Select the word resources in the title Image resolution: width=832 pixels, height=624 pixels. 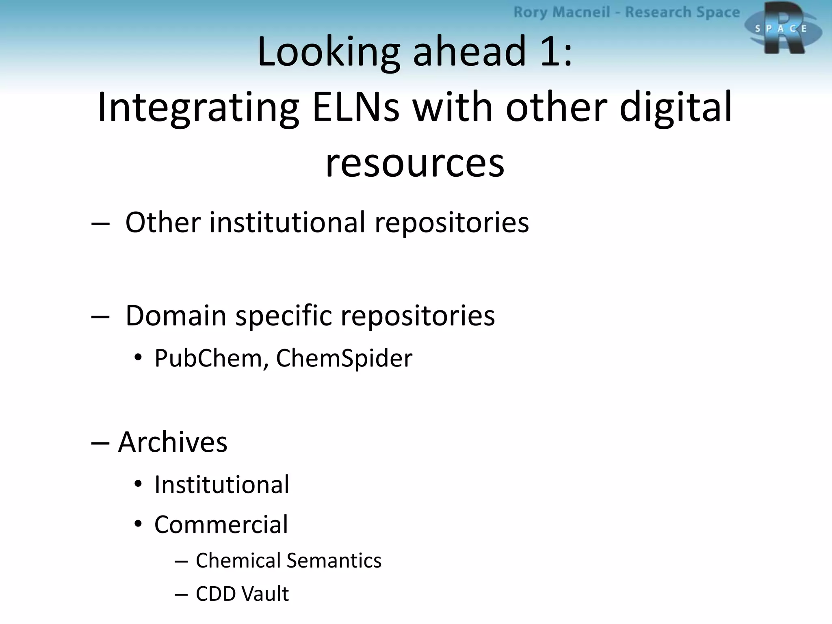(415, 162)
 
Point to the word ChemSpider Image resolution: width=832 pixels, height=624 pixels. (344, 358)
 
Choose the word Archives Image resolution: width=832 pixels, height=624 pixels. (173, 442)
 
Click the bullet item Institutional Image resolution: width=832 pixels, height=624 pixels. (222, 485)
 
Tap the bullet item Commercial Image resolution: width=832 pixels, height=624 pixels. (221, 524)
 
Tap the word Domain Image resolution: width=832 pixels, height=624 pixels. (176, 316)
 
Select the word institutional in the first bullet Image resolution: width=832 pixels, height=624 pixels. (287, 223)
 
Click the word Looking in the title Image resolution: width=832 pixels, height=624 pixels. (329, 52)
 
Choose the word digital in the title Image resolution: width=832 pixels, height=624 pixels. (676, 107)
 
